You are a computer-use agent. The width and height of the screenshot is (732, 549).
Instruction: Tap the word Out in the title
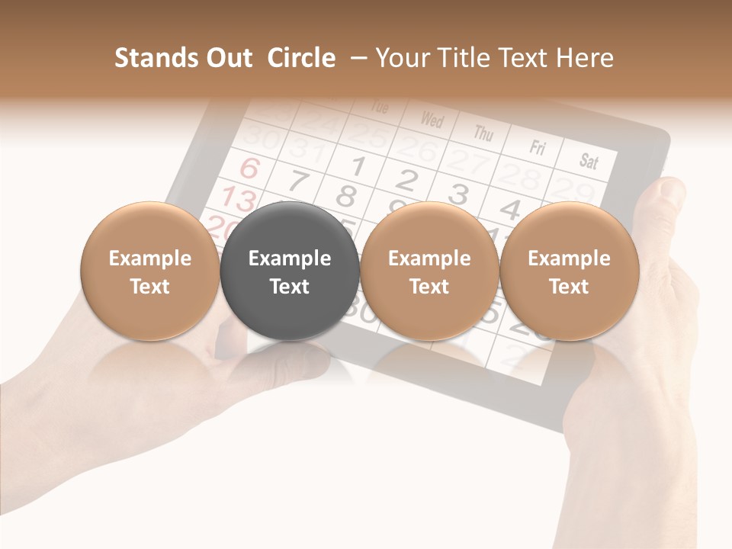coord(228,58)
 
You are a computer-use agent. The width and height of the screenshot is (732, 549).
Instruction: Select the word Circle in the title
coord(301,58)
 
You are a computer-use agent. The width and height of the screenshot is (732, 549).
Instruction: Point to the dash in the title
coord(356,59)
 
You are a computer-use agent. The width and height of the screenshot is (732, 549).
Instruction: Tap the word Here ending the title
coord(584,58)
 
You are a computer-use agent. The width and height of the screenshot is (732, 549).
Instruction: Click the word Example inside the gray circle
coord(290,258)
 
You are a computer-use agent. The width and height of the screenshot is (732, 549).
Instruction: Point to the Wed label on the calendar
coord(432,120)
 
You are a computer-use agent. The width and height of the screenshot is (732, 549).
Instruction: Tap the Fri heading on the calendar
coord(538,146)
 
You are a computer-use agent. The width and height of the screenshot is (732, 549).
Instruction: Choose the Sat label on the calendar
coord(589,160)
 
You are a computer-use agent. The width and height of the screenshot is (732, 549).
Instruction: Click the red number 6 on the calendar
coord(249,168)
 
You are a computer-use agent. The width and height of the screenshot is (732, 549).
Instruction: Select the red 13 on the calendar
coord(238,200)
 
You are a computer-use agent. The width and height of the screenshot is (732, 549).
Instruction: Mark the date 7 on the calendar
coord(299,181)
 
